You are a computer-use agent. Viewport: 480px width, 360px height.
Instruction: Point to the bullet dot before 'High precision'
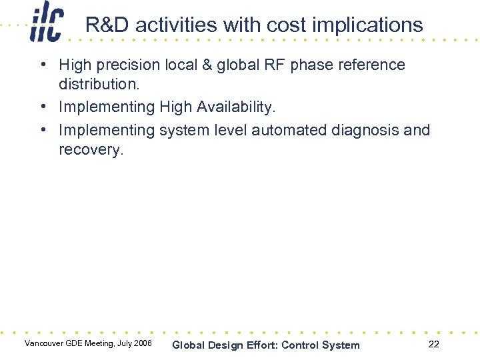[x=42, y=65]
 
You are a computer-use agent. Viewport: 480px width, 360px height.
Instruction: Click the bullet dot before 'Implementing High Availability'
[x=42, y=107]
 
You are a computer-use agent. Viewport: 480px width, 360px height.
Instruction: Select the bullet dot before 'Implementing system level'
[x=42, y=130]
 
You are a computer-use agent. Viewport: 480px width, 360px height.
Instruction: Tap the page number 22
[x=433, y=344]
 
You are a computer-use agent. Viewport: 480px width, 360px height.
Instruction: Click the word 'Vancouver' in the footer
[x=43, y=343]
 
